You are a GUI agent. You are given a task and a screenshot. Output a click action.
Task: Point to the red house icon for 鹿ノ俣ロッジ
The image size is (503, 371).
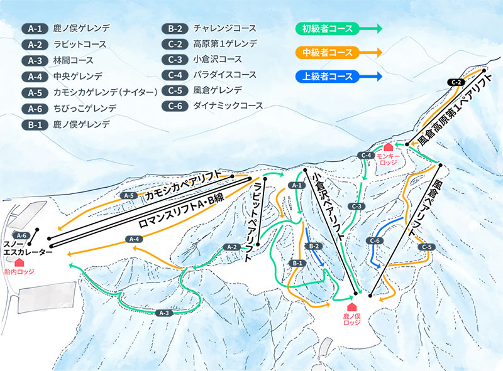point(351,307)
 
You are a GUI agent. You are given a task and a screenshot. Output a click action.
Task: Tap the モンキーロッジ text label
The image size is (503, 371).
point(388,158)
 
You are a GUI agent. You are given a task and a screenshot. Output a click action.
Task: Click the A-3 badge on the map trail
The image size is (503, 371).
point(165,312)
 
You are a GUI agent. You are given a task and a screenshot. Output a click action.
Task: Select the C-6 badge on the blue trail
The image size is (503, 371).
point(375,240)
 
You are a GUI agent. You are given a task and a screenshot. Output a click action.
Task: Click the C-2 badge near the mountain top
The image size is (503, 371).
point(456,82)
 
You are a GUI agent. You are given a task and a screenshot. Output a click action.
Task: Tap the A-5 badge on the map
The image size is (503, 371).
point(129,196)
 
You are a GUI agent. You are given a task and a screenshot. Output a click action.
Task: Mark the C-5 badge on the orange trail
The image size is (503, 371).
point(427,247)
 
